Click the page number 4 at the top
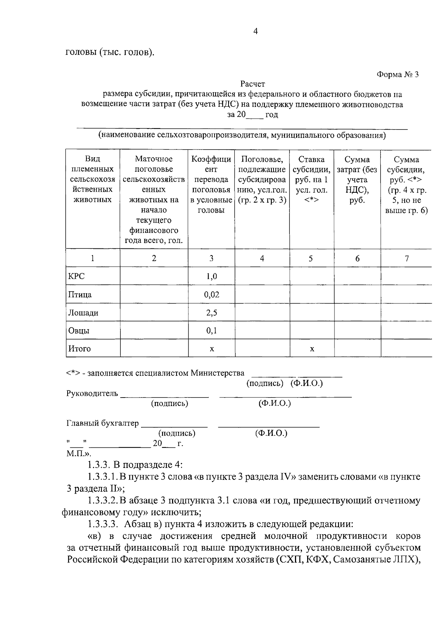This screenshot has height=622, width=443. coord(255,31)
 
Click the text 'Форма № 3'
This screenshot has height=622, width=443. coord(398,75)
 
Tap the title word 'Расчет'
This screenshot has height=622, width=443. coord(253,84)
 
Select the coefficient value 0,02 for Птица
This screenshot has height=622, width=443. coord(212,295)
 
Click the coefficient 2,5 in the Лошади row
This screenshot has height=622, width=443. coord(212,313)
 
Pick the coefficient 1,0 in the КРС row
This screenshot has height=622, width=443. coord(212,276)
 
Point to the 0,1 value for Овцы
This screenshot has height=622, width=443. coord(212,330)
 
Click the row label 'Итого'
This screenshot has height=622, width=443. coord(79,348)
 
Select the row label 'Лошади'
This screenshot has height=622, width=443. coord(83,313)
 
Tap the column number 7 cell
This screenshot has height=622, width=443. coord(406,258)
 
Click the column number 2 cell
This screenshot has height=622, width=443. coord(154,258)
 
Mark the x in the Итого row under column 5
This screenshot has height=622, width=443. coord(312,348)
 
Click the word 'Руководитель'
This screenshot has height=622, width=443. coord(92,393)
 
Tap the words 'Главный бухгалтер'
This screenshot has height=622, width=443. coord(103,423)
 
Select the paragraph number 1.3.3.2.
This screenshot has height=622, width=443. coord(103,501)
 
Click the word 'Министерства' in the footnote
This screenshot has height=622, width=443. coord(217,373)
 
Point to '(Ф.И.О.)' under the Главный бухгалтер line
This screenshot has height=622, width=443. coord(271,433)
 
